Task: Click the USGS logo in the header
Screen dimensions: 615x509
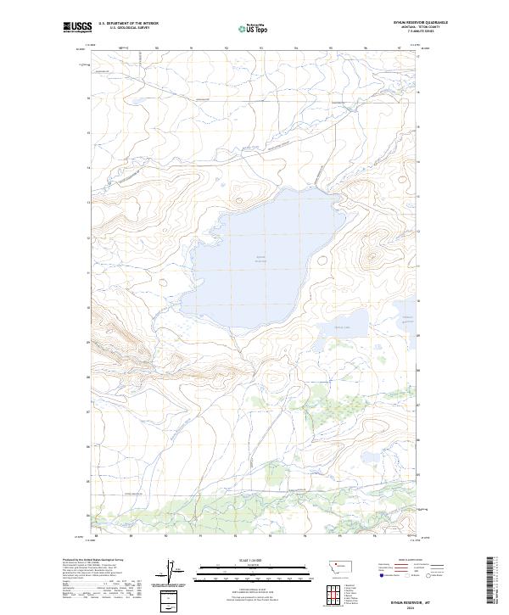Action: click(x=77, y=28)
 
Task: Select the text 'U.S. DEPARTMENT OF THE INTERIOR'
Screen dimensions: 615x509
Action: click(x=128, y=24)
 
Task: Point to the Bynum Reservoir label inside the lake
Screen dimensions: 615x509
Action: click(x=260, y=259)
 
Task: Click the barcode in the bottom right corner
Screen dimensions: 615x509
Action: click(x=492, y=581)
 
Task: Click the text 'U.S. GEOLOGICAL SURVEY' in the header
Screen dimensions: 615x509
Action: click(x=128, y=29)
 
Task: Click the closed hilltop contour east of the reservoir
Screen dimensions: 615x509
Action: click(x=372, y=254)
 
